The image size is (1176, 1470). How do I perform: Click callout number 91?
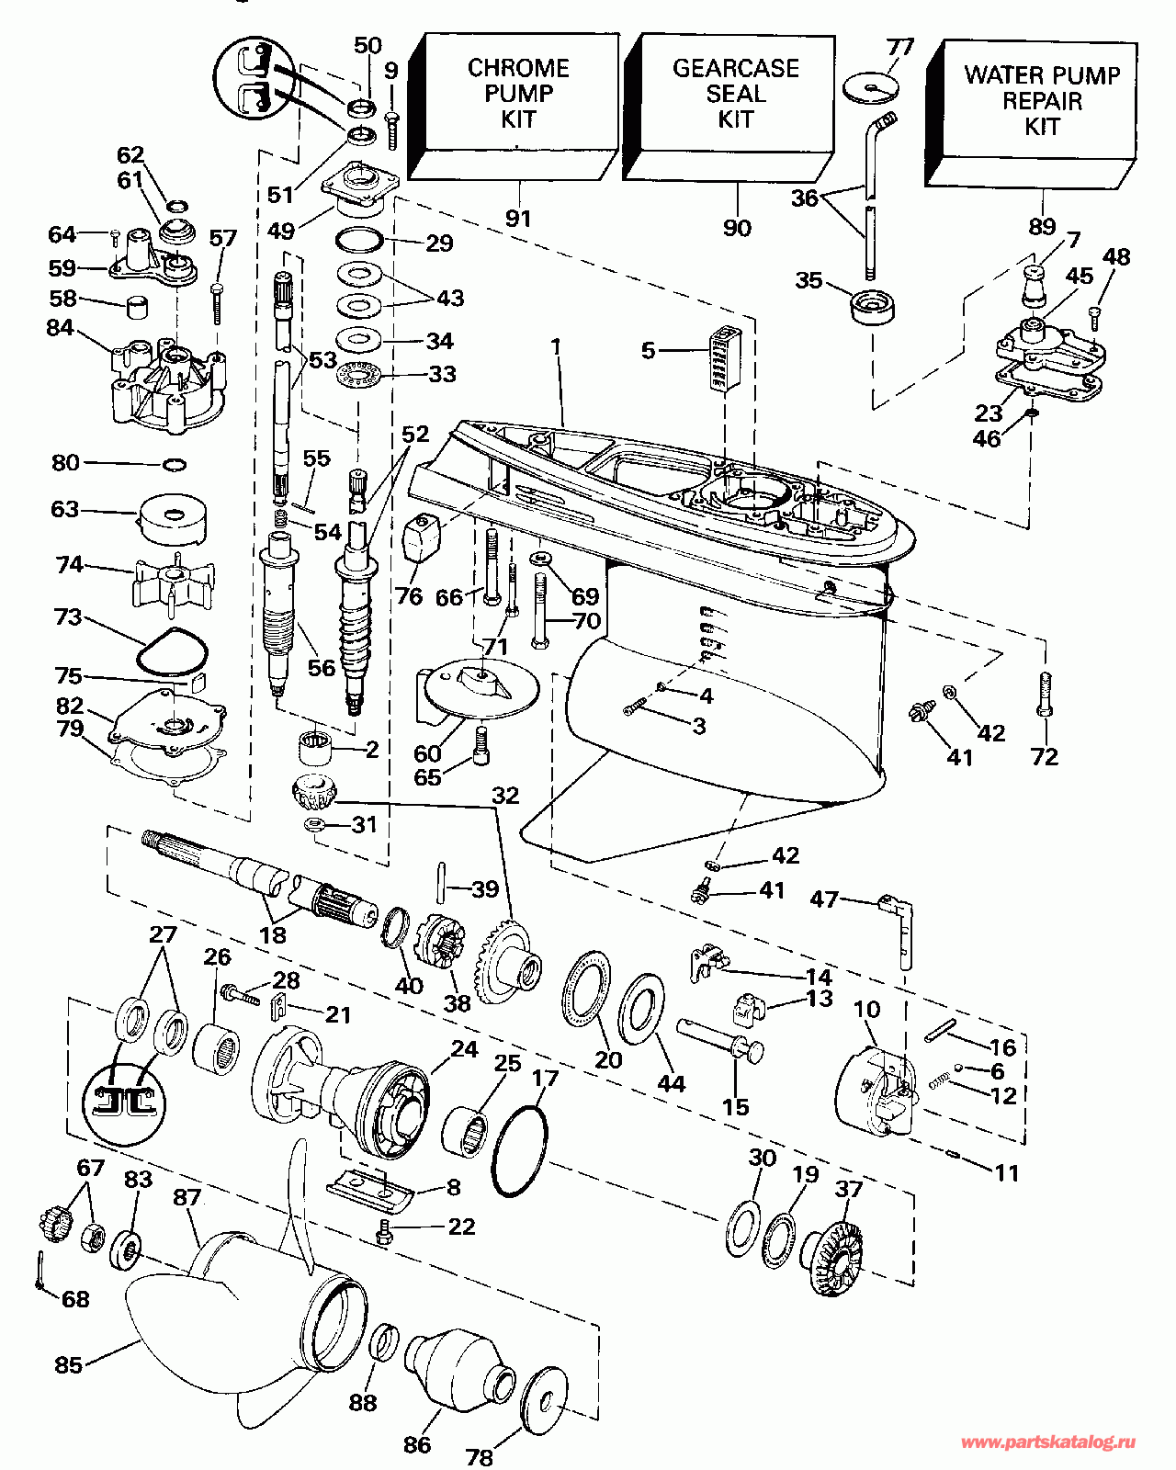tap(518, 219)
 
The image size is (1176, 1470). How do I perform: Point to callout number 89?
tap(1042, 227)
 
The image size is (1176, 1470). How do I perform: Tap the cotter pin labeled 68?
tap(42, 1272)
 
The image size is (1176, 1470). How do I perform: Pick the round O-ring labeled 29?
tap(359, 241)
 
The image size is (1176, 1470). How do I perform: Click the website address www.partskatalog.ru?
tap(1048, 1443)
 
